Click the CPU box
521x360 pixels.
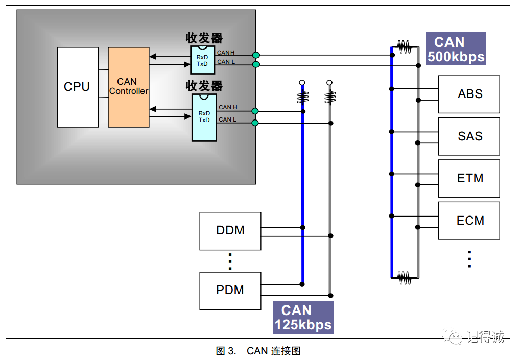click(78, 87)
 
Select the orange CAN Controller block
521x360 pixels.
click(129, 87)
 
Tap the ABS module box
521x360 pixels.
click(469, 94)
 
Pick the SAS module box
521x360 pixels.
click(469, 136)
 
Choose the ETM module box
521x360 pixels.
click(469, 179)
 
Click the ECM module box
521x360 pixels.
click(469, 221)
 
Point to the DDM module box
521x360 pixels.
click(230, 231)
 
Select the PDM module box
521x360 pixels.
click(230, 291)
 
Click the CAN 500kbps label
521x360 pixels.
click(456, 49)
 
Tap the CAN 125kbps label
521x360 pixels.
click(303, 318)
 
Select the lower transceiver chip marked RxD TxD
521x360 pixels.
click(204, 117)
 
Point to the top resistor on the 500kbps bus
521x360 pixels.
click(405, 47)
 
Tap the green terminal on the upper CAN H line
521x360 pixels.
click(256, 55)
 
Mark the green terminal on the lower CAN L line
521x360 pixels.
click(255, 123)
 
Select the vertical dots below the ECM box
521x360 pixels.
click(469, 259)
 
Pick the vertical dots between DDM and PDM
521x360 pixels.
click(230, 261)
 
